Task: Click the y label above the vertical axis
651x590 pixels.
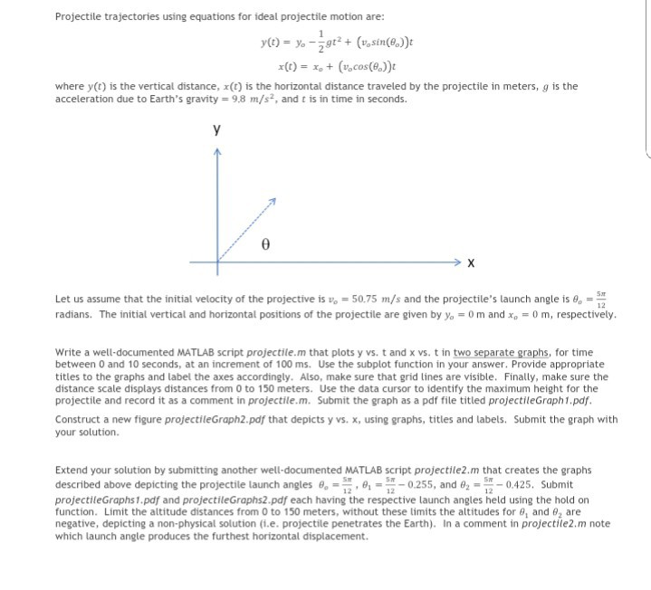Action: pos(216,129)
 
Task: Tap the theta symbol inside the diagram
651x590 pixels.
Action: pos(264,244)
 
